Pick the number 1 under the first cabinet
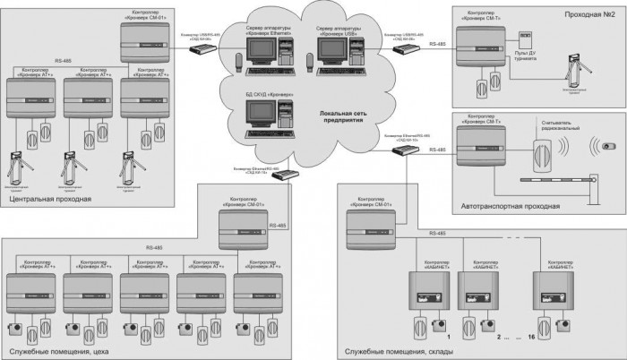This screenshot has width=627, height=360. coord(448,339)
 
